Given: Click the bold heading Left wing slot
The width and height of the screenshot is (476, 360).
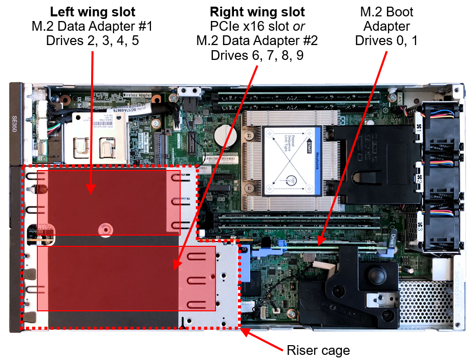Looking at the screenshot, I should click(x=93, y=11).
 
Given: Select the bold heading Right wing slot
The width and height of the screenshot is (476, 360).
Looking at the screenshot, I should click(x=257, y=11).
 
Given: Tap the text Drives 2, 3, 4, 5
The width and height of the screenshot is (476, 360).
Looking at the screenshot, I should click(x=93, y=41).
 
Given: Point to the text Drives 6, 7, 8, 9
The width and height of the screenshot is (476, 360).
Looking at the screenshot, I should click(x=257, y=55).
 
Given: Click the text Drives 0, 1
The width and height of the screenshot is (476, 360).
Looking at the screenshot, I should click(x=386, y=41).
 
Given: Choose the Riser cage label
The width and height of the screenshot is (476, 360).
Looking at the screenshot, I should click(x=318, y=350).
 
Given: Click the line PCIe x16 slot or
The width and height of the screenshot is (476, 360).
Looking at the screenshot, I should click(x=257, y=26).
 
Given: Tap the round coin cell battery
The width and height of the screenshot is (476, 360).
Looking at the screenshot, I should click(x=226, y=137).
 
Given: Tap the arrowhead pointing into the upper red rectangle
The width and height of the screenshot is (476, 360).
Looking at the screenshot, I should click(x=91, y=190).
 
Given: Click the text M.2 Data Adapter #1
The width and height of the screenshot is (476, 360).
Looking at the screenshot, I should click(x=93, y=26).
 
